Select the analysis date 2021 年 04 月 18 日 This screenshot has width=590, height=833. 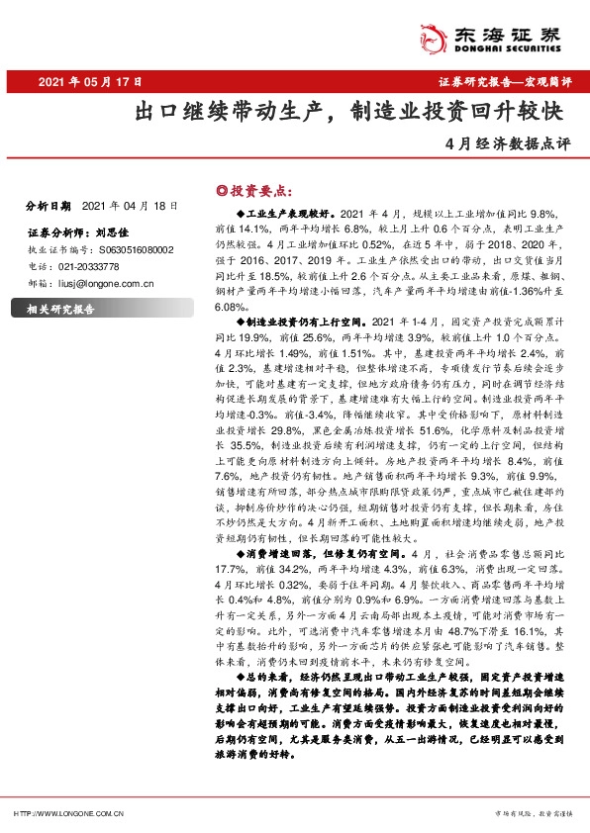click(x=128, y=206)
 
